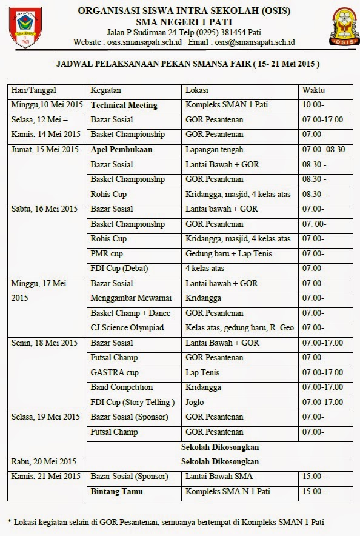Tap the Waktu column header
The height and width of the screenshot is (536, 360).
tap(313, 90)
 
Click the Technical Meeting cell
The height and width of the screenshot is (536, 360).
tap(124, 105)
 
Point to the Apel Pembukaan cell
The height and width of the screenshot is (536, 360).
tap(121, 149)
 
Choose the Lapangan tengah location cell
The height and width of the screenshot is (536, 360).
tap(215, 149)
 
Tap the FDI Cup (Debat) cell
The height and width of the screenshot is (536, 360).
tap(119, 268)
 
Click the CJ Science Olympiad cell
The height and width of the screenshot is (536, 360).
tap(127, 328)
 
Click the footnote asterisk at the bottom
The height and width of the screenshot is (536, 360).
tap(10, 521)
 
